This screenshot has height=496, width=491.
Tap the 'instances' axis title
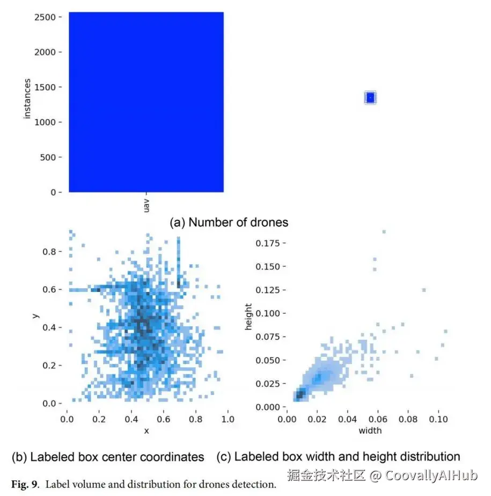point(27,99)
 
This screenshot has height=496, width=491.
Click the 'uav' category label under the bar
point(146,206)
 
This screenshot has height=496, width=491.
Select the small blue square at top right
point(370,97)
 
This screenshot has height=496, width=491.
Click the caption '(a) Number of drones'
point(229,222)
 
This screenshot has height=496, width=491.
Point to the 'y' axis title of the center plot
point(34,316)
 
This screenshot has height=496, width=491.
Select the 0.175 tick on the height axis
point(269,243)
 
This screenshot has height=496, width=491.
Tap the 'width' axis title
point(370,431)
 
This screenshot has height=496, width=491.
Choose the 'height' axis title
point(248,316)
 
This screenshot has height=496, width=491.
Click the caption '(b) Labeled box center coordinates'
point(108,457)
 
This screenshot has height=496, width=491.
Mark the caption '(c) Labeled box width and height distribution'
point(338,457)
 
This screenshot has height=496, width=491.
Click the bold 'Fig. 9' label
point(25,485)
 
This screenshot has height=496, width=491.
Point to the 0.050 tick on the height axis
point(269,360)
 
